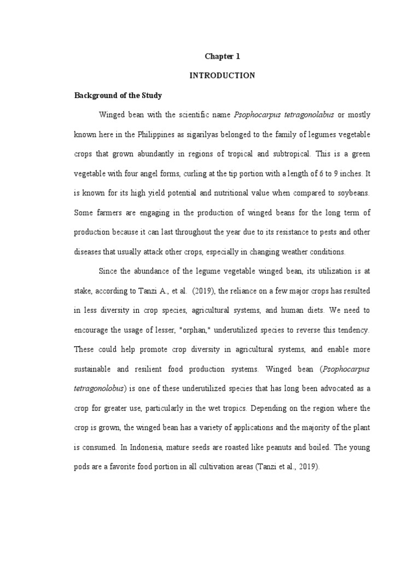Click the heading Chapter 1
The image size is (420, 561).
222,56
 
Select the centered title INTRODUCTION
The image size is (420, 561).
222,76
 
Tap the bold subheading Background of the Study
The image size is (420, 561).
118,95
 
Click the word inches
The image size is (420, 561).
351,173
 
